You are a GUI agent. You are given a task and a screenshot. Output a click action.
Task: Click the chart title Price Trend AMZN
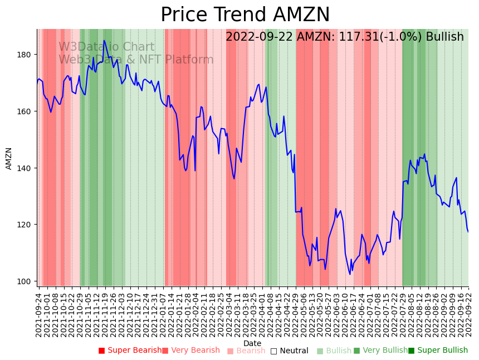coord(245,15)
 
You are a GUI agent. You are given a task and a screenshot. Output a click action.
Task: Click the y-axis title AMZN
coord(9,158)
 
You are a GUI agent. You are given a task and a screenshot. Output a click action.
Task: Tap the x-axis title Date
coord(252,344)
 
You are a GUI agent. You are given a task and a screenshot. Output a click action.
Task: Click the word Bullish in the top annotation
coord(444,37)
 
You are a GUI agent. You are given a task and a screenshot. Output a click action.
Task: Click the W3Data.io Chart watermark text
coord(106,47)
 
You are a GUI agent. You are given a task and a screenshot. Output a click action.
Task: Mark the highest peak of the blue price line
coord(104,40)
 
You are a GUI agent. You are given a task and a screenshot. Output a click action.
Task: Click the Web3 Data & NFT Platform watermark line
coord(136,60)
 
